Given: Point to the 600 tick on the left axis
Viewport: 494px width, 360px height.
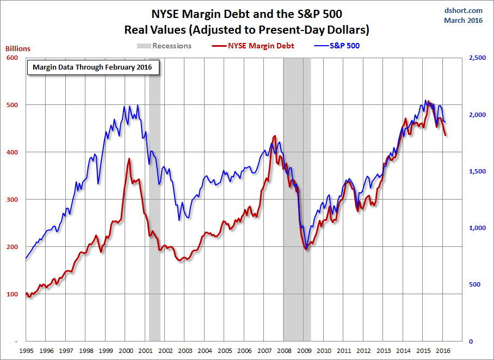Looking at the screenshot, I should (x=12, y=58).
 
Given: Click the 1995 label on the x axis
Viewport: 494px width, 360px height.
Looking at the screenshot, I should (x=26, y=351).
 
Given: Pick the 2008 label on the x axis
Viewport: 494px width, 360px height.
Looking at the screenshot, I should (x=284, y=351).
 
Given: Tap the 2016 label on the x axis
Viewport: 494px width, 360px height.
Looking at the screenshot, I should (x=443, y=351).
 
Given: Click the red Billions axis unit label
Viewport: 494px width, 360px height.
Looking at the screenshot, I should (x=18, y=48).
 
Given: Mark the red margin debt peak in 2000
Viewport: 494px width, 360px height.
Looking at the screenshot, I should (x=129, y=159).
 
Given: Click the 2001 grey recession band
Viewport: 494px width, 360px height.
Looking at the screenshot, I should (x=155, y=218).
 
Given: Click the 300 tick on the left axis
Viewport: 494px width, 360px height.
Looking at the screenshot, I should (x=12, y=200).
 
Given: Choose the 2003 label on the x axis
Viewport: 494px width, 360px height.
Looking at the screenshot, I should (x=185, y=351).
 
